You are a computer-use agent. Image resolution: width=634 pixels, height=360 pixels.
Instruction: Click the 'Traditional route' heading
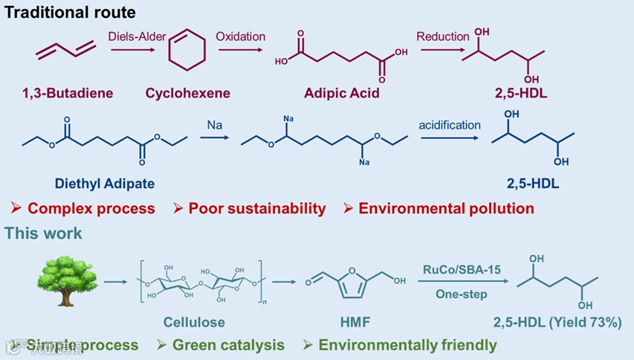tap(68, 13)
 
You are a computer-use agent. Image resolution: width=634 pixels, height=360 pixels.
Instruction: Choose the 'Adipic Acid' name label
tap(342, 94)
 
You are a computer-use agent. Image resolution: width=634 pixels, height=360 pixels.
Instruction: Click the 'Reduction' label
tap(443, 36)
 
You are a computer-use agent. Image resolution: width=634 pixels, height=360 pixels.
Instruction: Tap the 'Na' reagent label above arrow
tap(214, 126)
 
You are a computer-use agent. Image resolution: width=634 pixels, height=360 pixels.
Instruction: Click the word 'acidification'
tap(450, 124)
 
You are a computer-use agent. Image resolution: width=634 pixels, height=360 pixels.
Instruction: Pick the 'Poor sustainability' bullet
tap(256, 208)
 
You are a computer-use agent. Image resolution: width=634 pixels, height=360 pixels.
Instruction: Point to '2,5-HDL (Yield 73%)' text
tap(557, 323)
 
